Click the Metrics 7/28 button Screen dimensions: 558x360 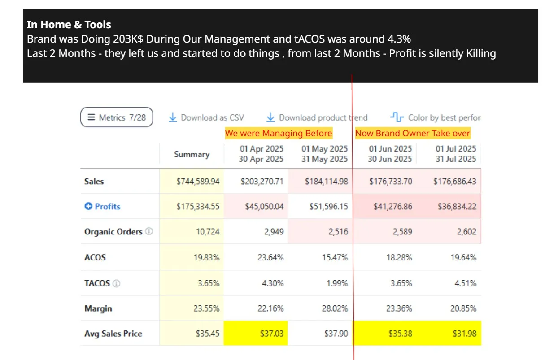(117, 117)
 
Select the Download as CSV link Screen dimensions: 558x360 (206, 117)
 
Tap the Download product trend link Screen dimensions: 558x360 (317, 117)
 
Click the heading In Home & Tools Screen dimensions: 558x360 (69, 24)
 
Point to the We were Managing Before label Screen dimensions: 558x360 (279, 133)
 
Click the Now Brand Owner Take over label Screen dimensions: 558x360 (413, 133)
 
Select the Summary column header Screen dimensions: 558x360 (192, 154)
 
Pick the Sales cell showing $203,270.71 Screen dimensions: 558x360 (262, 181)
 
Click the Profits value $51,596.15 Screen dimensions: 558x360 (329, 206)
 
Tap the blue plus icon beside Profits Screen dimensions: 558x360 (88, 206)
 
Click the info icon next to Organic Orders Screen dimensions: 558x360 (149, 231)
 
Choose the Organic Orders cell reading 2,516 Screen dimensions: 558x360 (338, 232)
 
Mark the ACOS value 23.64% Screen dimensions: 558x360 (270, 257)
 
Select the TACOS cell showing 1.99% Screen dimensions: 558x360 (337, 283)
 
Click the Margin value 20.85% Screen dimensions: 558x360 (463, 308)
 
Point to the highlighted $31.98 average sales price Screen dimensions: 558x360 (465, 334)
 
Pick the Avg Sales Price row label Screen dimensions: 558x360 (113, 334)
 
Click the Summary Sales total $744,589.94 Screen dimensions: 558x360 (198, 181)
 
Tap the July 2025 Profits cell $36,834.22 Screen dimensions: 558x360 (457, 206)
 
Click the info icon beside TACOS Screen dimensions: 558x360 (116, 283)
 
